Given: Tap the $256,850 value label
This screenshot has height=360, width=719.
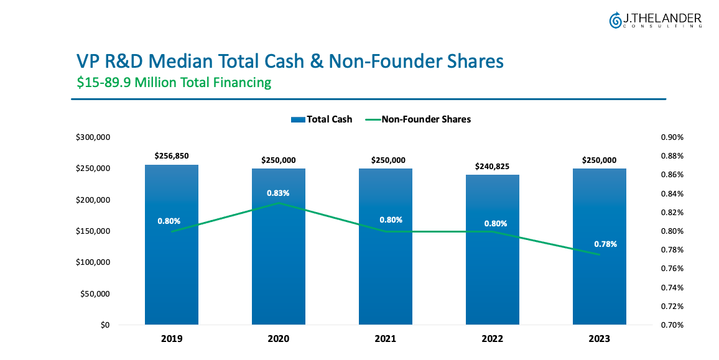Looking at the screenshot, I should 172,156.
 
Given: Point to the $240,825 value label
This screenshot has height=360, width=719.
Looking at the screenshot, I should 493,166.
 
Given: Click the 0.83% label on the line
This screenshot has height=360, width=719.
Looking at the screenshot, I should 278,193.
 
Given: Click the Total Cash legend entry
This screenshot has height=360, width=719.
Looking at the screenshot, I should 322,119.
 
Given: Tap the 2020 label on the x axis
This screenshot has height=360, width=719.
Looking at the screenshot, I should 278,339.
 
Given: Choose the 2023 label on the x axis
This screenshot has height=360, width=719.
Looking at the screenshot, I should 599,339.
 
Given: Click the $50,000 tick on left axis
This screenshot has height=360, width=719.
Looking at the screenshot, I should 96,293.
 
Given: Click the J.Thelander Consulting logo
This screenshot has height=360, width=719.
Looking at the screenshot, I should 656,20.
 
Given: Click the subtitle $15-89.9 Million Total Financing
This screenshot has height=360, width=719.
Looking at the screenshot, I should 174,82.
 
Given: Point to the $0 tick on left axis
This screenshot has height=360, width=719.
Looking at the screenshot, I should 105,325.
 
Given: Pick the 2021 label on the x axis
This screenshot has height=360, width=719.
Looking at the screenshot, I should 385,339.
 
